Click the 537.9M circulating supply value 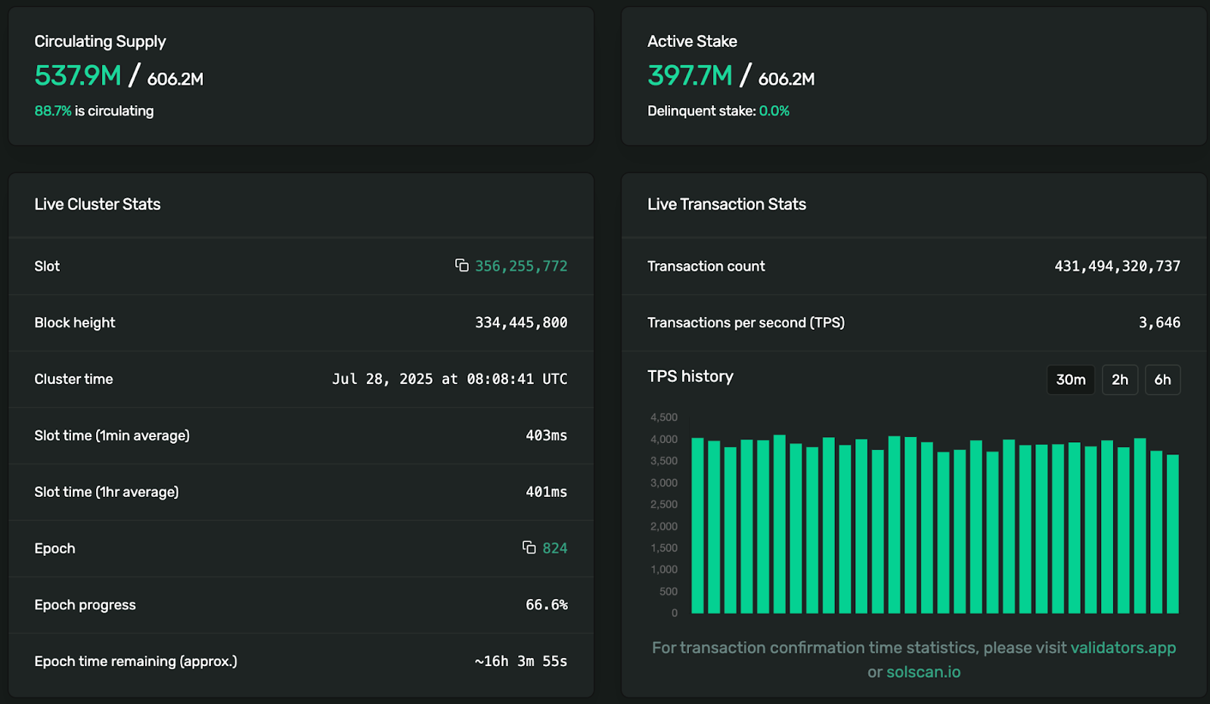pyautogui.click(x=78, y=76)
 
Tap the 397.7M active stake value pyautogui.click(x=690, y=76)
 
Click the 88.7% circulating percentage pyautogui.click(x=52, y=111)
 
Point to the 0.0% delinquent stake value pyautogui.click(x=774, y=111)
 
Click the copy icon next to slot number pyautogui.click(x=461, y=265)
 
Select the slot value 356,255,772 pyautogui.click(x=521, y=266)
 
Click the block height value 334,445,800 pyautogui.click(x=521, y=323)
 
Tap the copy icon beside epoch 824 pyautogui.click(x=529, y=547)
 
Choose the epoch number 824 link pyautogui.click(x=554, y=548)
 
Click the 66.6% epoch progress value pyautogui.click(x=546, y=605)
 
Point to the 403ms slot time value pyautogui.click(x=546, y=436)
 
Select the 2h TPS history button pyautogui.click(x=1119, y=380)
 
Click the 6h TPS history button pyautogui.click(x=1162, y=380)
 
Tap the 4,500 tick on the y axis pyautogui.click(x=664, y=417)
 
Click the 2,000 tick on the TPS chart pyautogui.click(x=664, y=526)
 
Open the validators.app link pyautogui.click(x=1123, y=648)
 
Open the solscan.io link pyautogui.click(x=923, y=672)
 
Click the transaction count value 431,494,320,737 pyautogui.click(x=1117, y=266)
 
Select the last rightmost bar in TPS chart pyautogui.click(x=1173, y=534)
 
